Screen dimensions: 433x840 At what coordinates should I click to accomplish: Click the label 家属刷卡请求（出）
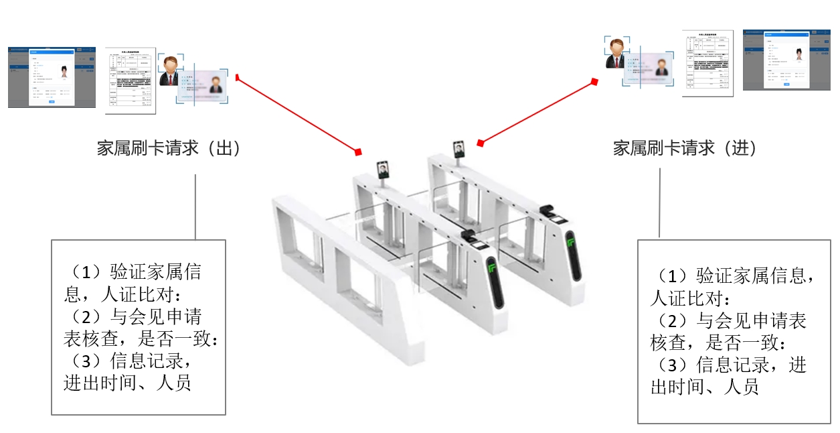click(169, 148)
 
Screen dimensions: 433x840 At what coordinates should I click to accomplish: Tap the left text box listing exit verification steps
click(139, 326)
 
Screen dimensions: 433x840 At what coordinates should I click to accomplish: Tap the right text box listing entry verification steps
click(734, 331)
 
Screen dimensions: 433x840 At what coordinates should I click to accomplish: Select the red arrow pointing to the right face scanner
click(537, 112)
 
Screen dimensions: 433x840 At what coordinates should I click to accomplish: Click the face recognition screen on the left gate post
click(382, 168)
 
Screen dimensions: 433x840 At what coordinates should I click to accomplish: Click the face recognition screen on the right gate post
click(458, 148)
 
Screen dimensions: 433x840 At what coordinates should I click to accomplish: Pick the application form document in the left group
click(131, 80)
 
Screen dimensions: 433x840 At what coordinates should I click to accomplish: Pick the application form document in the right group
click(707, 63)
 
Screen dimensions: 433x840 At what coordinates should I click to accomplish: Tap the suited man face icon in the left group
click(170, 70)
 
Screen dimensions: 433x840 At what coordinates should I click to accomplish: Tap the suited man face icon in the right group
click(614, 53)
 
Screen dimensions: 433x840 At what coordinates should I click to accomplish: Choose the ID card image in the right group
click(650, 68)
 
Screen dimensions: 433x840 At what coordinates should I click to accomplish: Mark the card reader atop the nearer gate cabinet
click(469, 236)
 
